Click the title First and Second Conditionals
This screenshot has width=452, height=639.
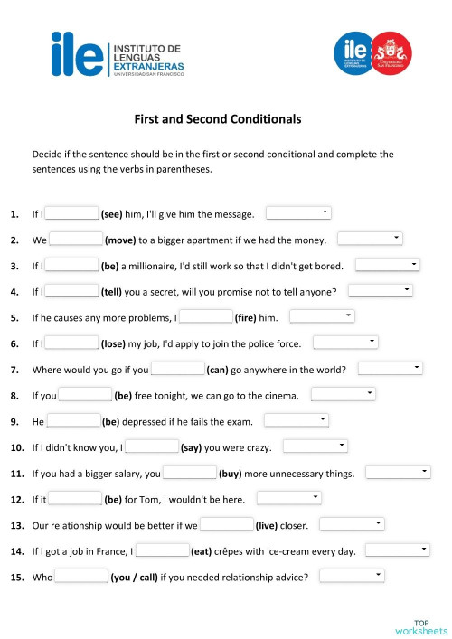point(217,118)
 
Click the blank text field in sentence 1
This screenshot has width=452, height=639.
point(71,213)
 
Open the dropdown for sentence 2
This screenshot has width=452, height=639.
point(369,239)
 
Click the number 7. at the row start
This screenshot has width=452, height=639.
point(14,370)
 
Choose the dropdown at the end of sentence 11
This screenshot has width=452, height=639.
point(398,472)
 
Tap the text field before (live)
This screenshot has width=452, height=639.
point(226,524)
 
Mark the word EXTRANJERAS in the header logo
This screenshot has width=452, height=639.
point(147,66)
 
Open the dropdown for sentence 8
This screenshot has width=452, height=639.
point(343,394)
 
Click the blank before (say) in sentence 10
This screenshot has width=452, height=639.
point(151,446)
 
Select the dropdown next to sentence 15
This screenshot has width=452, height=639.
point(352,576)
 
